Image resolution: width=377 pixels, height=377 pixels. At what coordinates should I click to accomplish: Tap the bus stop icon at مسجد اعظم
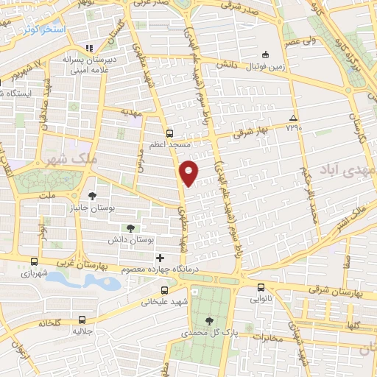coord(170,133)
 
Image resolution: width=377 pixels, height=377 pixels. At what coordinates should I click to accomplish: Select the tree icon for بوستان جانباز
coord(91,196)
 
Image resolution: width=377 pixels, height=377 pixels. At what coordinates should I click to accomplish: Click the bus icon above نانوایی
coord(261,288)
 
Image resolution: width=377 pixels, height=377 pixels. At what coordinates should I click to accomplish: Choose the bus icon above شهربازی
coord(35,261)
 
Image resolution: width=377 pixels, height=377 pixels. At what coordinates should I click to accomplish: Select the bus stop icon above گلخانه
coord(82,320)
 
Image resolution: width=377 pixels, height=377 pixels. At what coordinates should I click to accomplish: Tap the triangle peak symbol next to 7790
coord(294,118)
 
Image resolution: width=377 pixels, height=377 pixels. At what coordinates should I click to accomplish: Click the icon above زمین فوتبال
coord(266,53)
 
